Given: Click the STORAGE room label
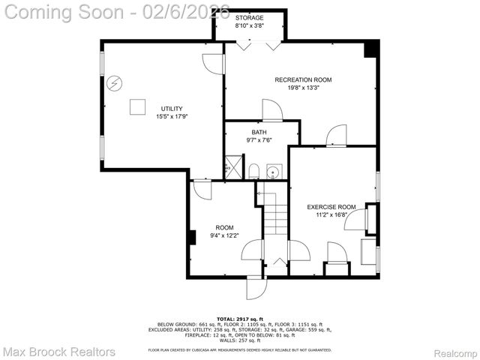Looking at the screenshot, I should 250,16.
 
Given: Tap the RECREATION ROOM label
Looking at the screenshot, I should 303,79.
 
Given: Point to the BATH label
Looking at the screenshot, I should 259,132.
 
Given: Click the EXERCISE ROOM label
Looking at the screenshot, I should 331,206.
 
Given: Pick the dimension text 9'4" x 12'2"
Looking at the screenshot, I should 224,235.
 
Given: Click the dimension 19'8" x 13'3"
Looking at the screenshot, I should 303,88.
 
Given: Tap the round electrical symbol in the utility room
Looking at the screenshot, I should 115,82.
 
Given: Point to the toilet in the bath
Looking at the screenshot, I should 253,172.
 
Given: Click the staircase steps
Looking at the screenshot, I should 276,214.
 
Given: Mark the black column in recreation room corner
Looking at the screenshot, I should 369,49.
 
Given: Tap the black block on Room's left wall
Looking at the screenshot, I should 193,238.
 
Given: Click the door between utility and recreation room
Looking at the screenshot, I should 214,64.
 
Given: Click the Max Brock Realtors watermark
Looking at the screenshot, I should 59,351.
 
